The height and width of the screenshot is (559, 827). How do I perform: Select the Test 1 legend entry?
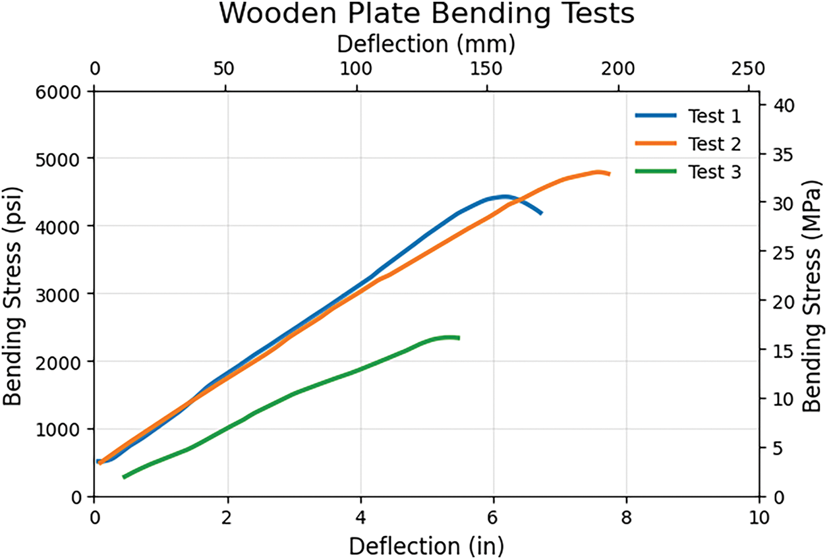tap(714, 117)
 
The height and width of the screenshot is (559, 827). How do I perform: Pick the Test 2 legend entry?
tap(714, 144)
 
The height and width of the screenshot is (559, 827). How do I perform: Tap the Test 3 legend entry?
tap(714, 172)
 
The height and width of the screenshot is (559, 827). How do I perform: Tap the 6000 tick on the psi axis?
tap(60, 91)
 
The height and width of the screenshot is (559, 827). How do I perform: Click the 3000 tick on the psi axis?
tap(60, 294)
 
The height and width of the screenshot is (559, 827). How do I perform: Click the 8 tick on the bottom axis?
tap(626, 515)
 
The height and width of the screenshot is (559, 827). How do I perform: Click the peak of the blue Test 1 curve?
tap(505, 196)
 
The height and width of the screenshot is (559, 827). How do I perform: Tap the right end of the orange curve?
tap(610, 174)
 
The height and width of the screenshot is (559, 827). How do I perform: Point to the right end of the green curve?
tap(458, 338)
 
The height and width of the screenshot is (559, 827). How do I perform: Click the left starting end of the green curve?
tap(124, 477)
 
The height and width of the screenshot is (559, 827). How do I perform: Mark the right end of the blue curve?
tap(541, 214)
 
